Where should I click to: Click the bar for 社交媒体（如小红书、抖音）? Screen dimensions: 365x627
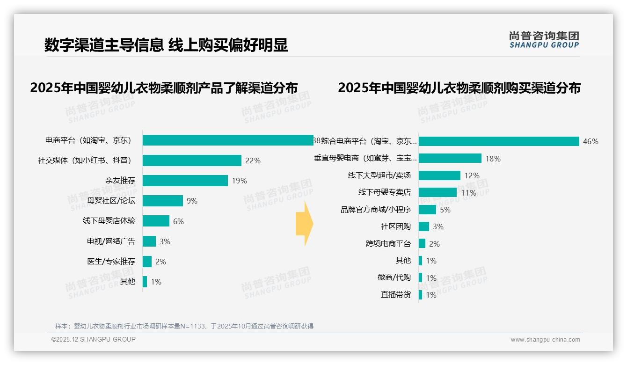click(192, 161)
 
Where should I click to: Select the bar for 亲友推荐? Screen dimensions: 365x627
click(185, 181)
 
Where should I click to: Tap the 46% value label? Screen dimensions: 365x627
click(591, 141)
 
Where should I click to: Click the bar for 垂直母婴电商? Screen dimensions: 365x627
click(450, 159)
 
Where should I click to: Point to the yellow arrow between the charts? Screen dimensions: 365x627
click(305, 224)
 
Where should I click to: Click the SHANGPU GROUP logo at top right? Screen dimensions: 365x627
click(544, 40)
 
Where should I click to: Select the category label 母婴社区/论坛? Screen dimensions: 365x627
click(111, 201)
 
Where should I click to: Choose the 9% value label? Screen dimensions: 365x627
click(192, 201)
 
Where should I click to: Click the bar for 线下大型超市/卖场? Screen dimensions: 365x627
click(439, 175)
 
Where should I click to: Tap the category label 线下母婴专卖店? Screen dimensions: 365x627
click(384, 192)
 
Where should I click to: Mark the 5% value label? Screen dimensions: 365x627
click(445, 210)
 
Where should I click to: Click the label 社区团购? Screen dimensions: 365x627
click(395, 226)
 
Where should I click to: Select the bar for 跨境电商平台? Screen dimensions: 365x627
click(422, 243)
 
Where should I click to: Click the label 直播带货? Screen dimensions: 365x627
click(395, 295)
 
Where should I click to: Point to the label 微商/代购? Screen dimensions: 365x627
click(394, 277)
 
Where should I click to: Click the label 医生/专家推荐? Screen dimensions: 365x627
click(111, 261)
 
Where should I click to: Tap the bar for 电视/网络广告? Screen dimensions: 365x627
click(149, 241)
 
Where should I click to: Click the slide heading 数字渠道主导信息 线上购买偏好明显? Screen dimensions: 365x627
click(166, 45)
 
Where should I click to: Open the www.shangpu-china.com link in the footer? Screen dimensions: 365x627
click(545, 340)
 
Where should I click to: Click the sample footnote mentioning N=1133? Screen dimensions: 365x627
click(184, 326)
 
